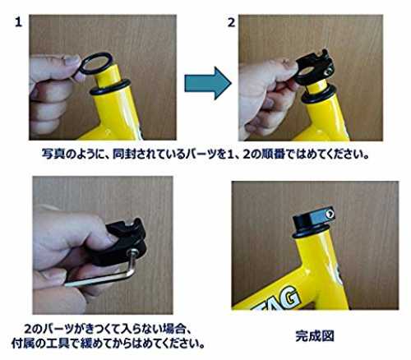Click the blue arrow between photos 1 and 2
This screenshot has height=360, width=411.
click(x=207, y=83)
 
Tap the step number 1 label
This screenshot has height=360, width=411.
click(x=18, y=22)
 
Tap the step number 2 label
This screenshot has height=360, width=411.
click(x=232, y=22)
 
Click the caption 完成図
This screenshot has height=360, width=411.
click(x=315, y=336)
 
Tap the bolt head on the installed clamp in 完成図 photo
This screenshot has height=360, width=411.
click(x=330, y=214)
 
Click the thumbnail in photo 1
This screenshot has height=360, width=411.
click(x=72, y=60)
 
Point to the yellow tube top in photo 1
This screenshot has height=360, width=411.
click(x=108, y=73)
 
